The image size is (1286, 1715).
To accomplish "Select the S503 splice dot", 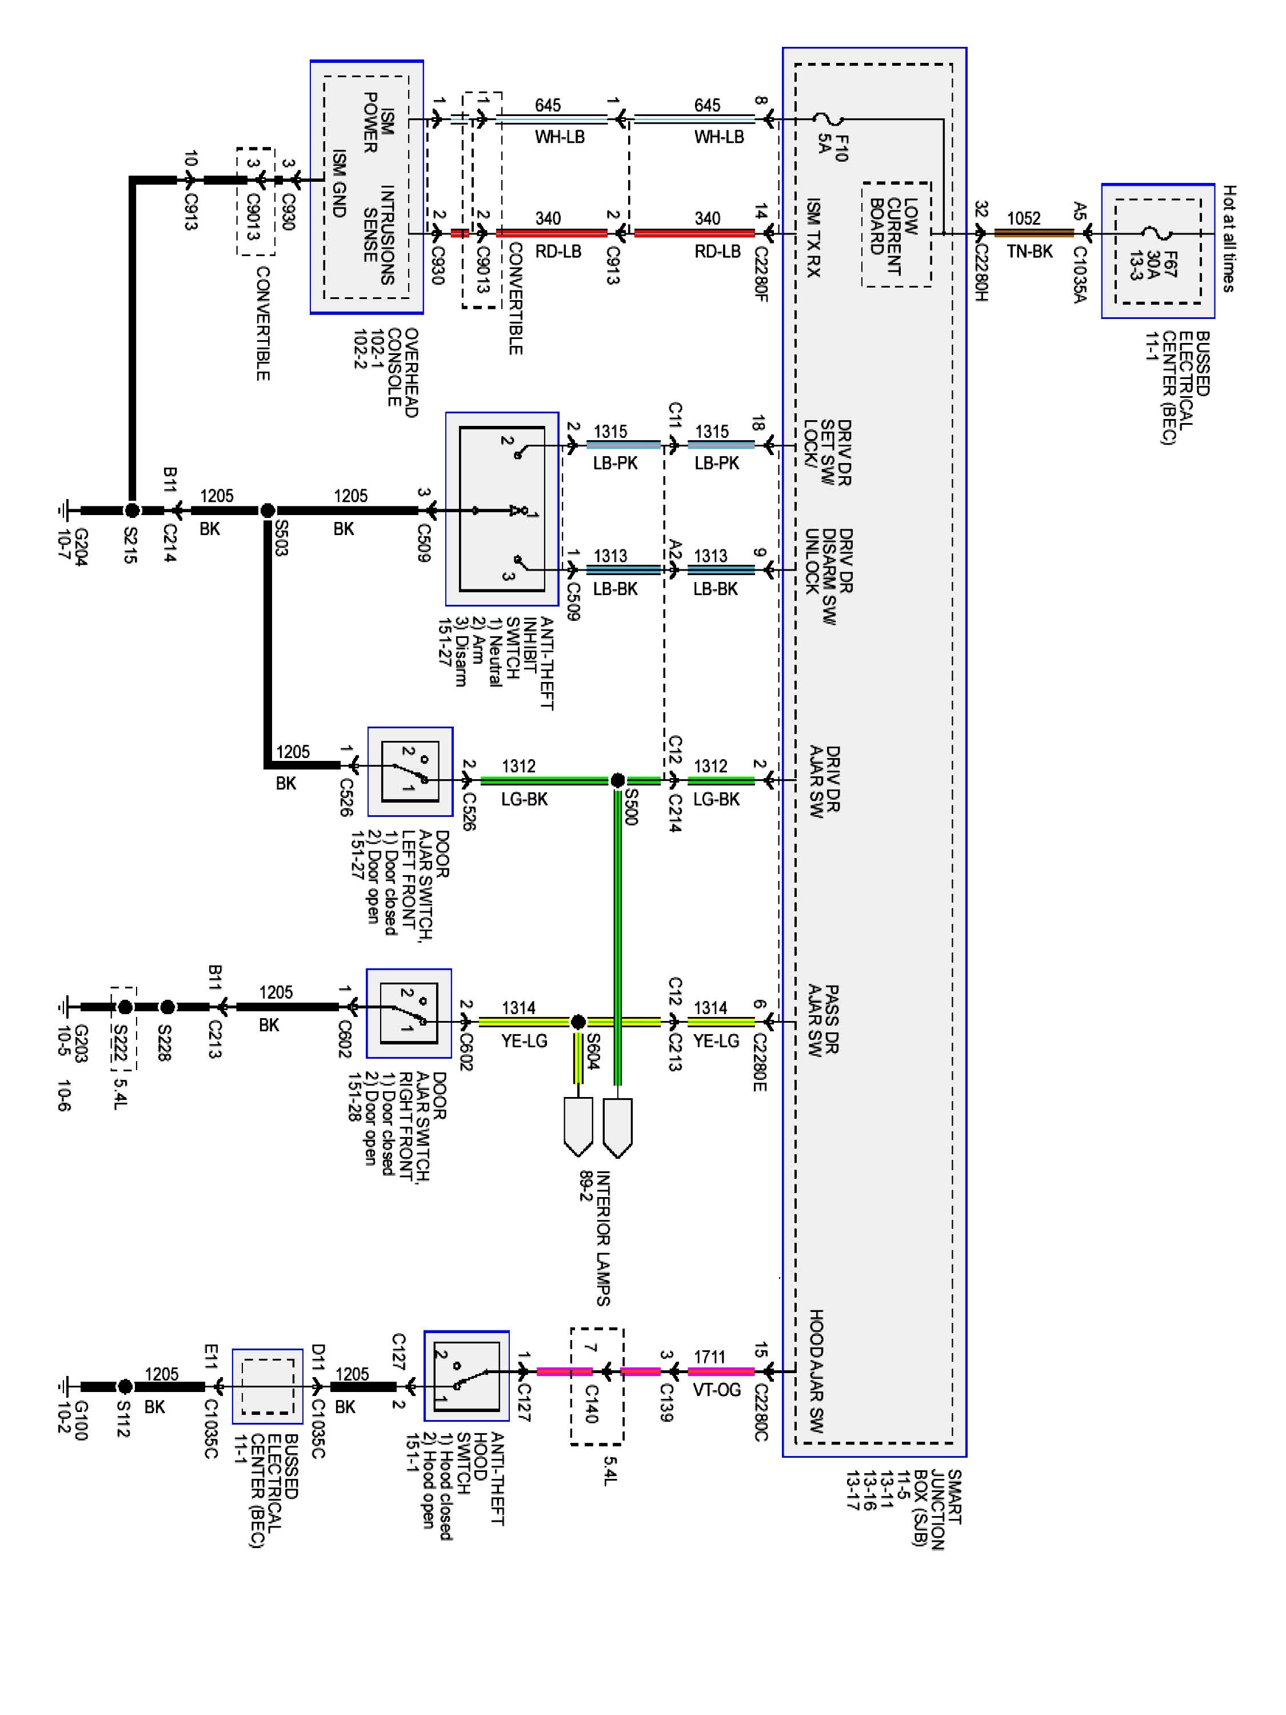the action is [x=267, y=510].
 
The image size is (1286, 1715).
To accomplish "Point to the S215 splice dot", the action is [x=132, y=510].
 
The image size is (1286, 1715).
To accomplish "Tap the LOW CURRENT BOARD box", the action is [x=896, y=235].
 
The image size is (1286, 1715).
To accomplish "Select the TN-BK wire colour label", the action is [x=1030, y=250].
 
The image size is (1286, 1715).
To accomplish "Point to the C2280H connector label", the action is [x=981, y=274].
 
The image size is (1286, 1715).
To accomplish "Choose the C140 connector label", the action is [x=590, y=1404].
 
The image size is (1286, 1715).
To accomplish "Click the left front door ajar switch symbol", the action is [x=409, y=771].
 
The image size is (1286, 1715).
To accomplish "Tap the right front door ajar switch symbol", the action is [x=409, y=1014].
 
